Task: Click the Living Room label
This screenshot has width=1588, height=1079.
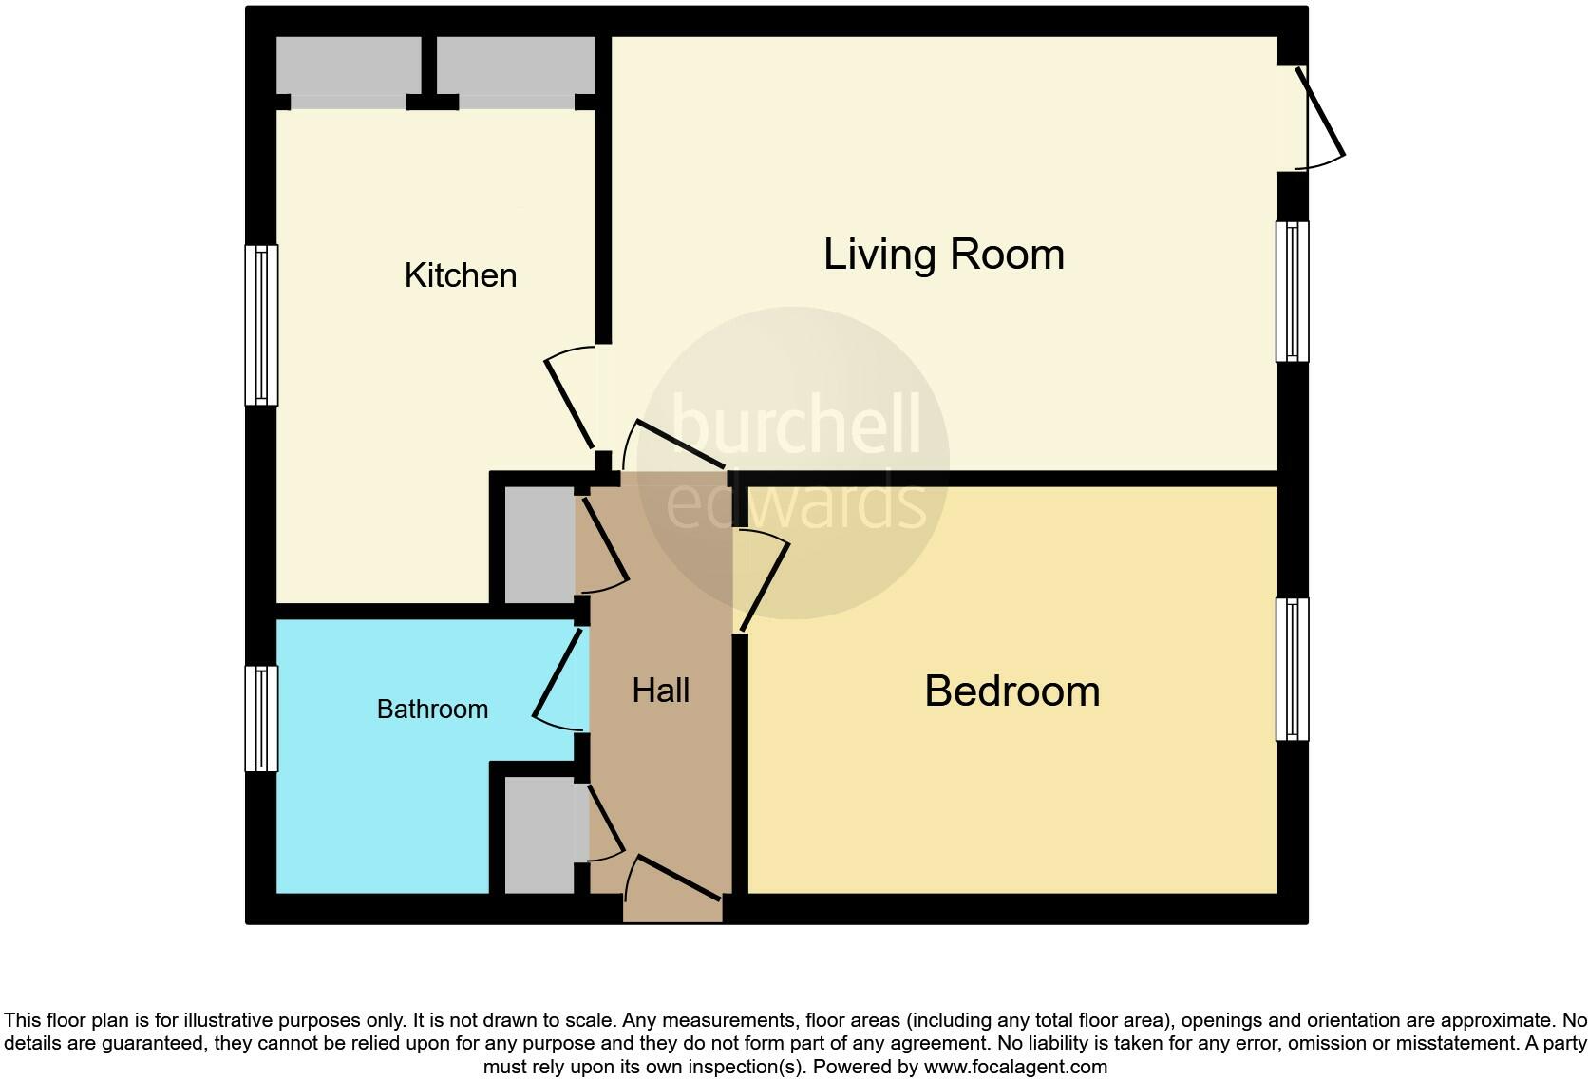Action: coord(943,255)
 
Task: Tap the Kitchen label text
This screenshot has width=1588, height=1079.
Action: coord(461,275)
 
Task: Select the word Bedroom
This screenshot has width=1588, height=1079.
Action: coord(1011,691)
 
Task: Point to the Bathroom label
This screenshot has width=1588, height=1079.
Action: coord(432,710)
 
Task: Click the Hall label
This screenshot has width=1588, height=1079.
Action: coord(660,691)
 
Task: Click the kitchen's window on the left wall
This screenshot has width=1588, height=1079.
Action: coord(261,325)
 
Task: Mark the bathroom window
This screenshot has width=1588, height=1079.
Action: coord(261,718)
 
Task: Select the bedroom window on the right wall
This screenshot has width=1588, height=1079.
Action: coord(1292,669)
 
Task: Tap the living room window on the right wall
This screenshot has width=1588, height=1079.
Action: coord(1292,292)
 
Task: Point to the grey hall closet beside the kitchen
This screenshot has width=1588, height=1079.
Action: coord(539,545)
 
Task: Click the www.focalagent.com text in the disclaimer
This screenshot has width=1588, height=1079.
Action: coord(1015,1067)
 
